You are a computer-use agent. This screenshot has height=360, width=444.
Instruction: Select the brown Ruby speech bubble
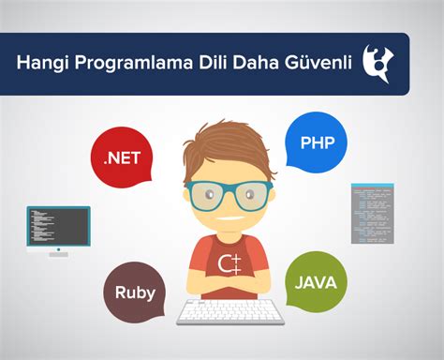pos(137,290)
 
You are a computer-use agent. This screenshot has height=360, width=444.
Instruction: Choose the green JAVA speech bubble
pos(316,280)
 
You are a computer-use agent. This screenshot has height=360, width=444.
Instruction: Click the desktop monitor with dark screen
pos(58,226)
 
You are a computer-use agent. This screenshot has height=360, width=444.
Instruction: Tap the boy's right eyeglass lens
pos(248,194)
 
